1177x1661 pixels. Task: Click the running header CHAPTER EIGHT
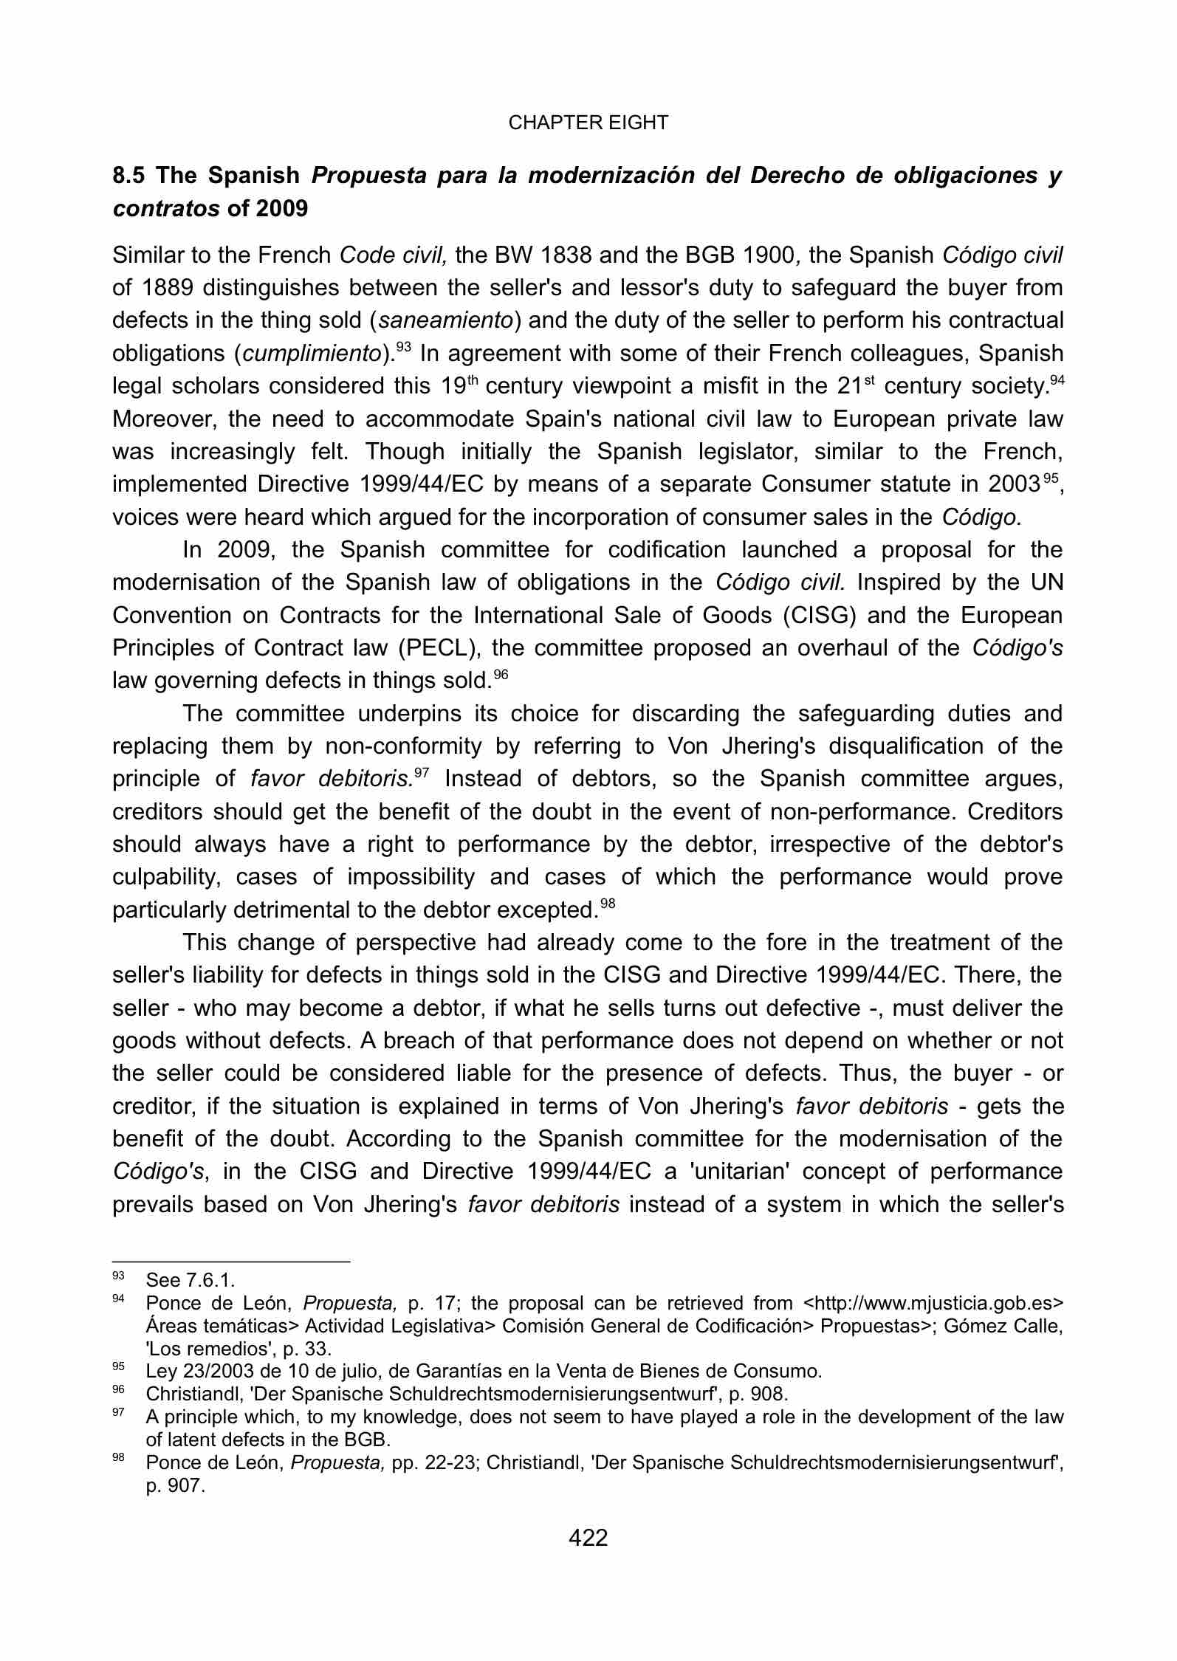588,123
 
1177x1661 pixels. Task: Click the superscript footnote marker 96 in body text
501,674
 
